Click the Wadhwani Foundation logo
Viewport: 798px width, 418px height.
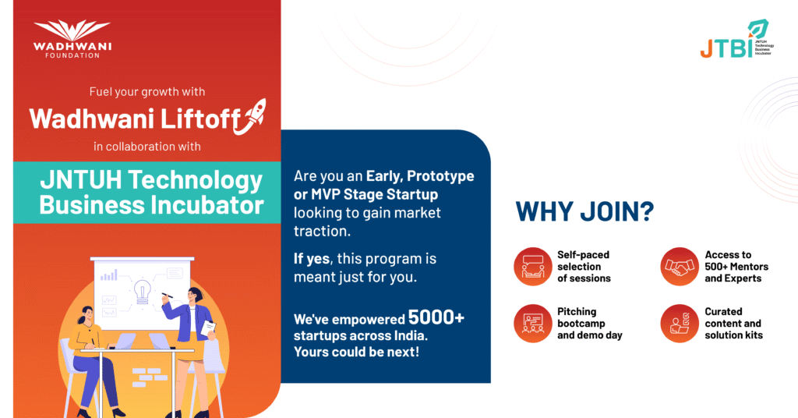coord(72,39)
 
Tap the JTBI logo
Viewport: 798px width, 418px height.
coord(737,39)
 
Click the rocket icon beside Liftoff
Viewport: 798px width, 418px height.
coord(251,117)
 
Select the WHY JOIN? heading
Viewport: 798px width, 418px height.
coord(584,211)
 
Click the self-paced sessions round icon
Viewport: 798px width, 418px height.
coord(533,266)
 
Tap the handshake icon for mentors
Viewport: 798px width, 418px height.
coord(680,266)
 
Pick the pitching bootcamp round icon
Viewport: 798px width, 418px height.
coord(533,324)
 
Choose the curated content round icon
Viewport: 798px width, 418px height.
coord(680,324)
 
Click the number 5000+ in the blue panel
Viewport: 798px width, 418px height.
coord(436,317)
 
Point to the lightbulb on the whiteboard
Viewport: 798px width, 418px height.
coord(142,292)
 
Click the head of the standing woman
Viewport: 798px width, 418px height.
coord(196,296)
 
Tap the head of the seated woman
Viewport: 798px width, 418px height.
coord(87,315)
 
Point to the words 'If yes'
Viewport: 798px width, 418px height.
coord(312,259)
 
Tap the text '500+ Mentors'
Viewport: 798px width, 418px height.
coord(736,266)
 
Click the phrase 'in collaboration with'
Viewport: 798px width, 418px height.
coord(147,147)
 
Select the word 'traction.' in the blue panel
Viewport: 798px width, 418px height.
coord(322,231)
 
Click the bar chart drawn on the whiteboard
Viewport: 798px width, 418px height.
coord(109,275)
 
